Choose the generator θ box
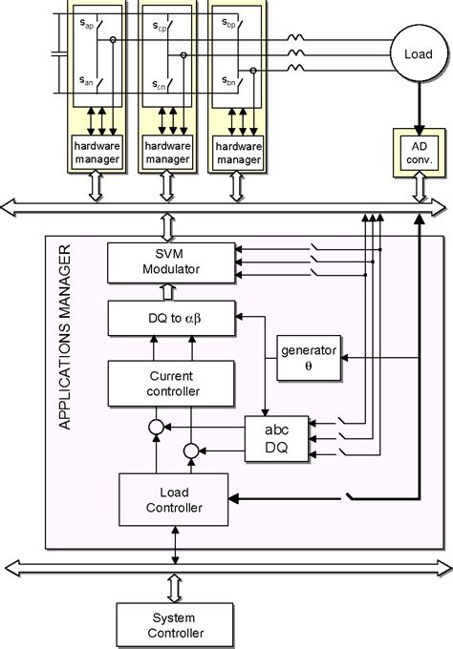point(303,357)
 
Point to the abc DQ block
point(269,437)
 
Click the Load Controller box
point(174,500)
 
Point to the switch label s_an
point(87,81)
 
